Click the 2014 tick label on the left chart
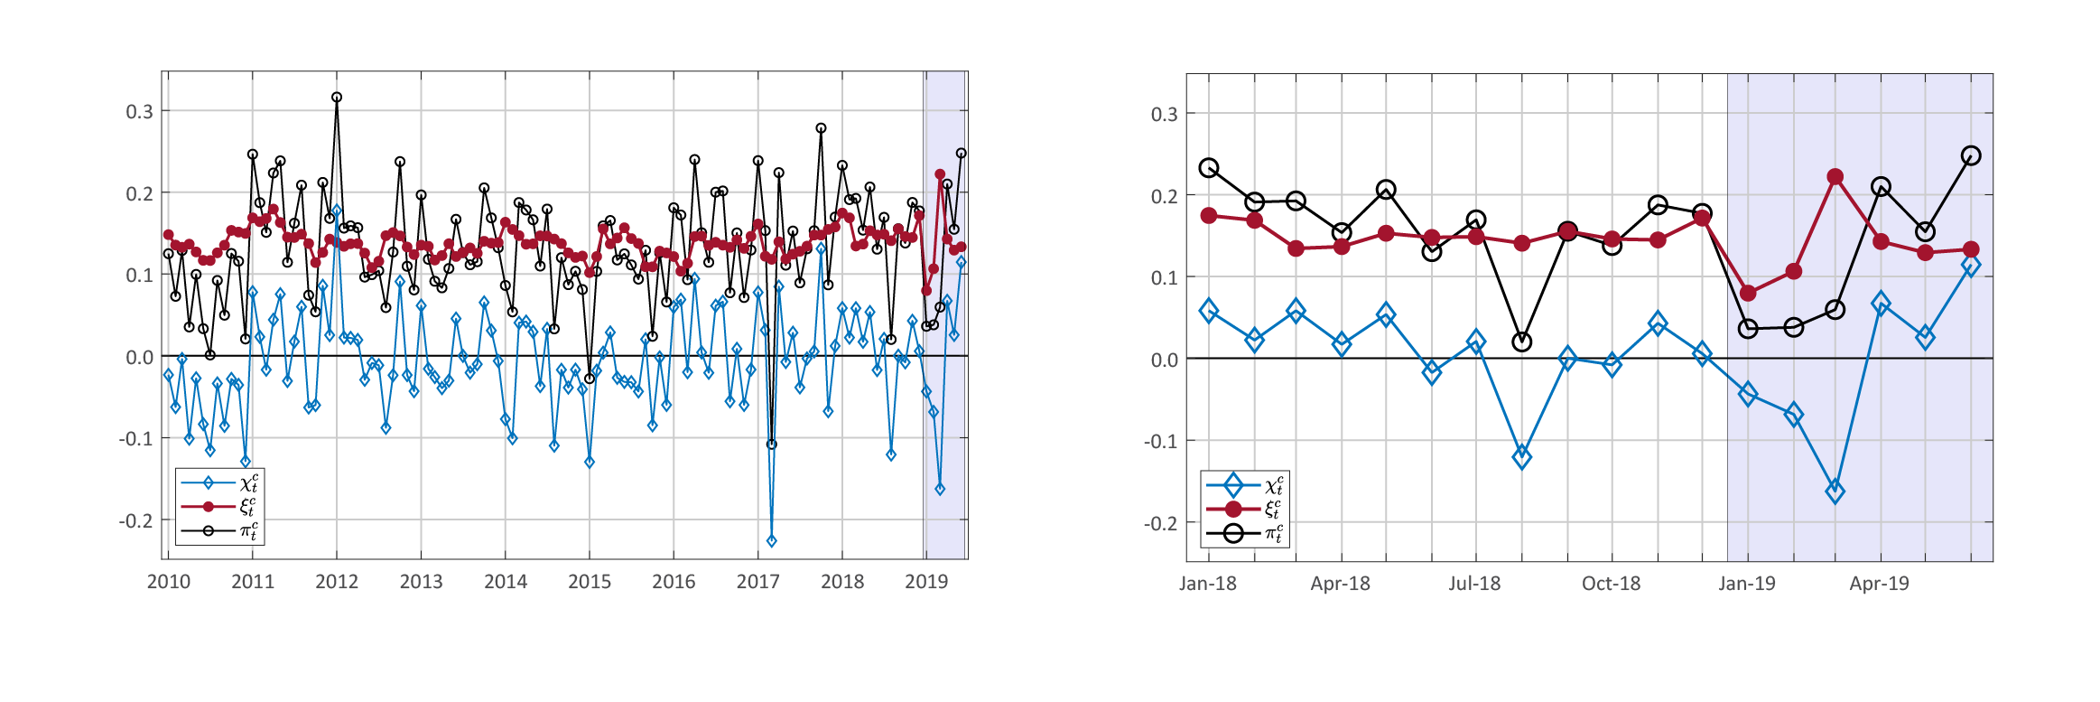pyautogui.click(x=505, y=582)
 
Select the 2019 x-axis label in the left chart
pyautogui.click(x=926, y=582)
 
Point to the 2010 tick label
pyautogui.click(x=168, y=582)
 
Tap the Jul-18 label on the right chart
pyautogui.click(x=1474, y=584)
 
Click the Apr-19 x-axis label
pyautogui.click(x=1879, y=584)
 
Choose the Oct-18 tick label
pyautogui.click(x=1611, y=584)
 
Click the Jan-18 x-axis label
pyautogui.click(x=1207, y=584)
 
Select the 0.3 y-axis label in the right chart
pyautogui.click(x=1164, y=115)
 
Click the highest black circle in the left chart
pyautogui.click(x=337, y=98)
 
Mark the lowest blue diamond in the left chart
pyautogui.click(x=771, y=541)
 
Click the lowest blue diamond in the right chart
pyautogui.click(x=1835, y=492)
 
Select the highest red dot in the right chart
pyautogui.click(x=1835, y=177)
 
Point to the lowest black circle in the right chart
pyautogui.click(x=1521, y=342)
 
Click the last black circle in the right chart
pyautogui.click(x=1971, y=156)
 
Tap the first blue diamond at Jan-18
pyautogui.click(x=1209, y=311)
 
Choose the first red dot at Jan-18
pyautogui.click(x=1209, y=216)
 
